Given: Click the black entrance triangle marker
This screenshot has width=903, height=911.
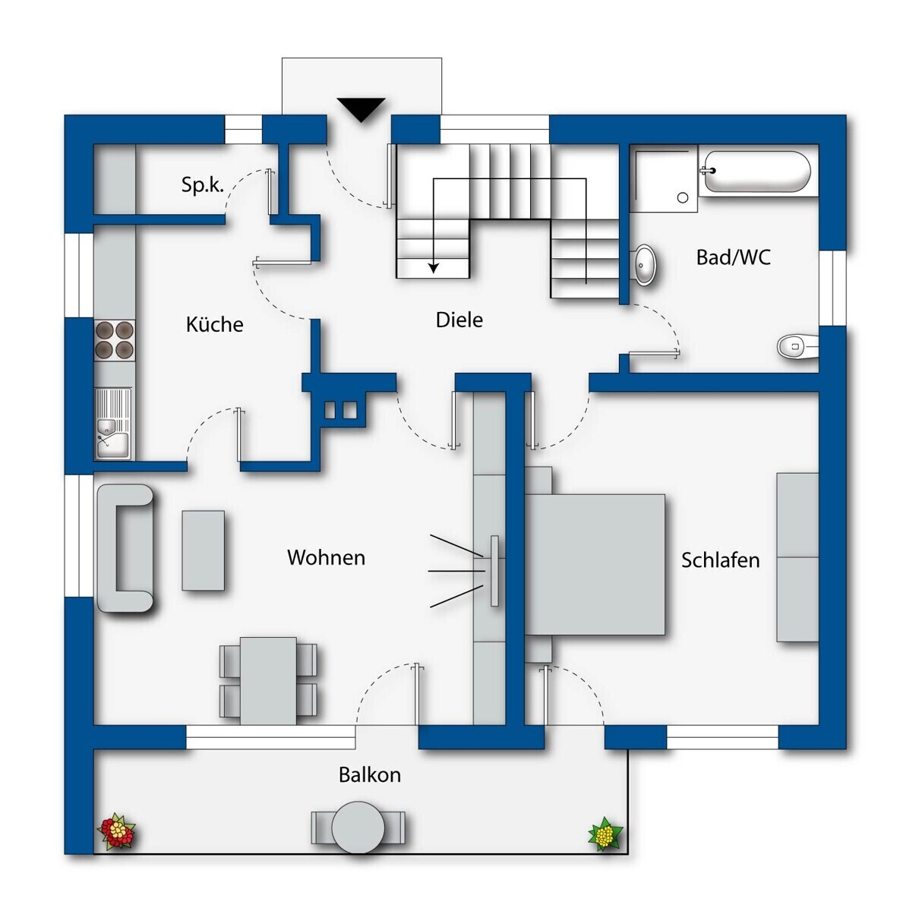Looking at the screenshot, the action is tap(361, 109).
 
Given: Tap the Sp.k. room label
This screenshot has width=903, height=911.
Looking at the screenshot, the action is tap(202, 184).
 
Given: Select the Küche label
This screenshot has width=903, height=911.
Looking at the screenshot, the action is tap(214, 324).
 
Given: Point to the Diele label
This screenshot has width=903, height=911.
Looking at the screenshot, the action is tap(459, 320).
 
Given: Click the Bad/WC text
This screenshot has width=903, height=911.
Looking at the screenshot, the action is tap(733, 257).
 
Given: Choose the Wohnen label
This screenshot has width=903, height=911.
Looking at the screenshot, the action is tap(326, 558).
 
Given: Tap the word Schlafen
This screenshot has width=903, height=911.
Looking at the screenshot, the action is tap(720, 560).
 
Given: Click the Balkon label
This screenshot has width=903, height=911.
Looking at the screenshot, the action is tap(369, 775).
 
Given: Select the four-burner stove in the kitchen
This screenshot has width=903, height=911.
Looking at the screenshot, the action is tap(114, 340).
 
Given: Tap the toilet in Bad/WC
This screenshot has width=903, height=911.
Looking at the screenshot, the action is tap(797, 346).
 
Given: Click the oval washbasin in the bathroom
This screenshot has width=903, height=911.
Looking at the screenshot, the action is tap(644, 265).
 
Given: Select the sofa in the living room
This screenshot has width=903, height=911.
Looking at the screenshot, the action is tap(125, 548).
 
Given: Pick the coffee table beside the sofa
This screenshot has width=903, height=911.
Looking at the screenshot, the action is tap(204, 550).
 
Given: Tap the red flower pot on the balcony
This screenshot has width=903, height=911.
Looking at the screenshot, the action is tap(116, 831).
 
